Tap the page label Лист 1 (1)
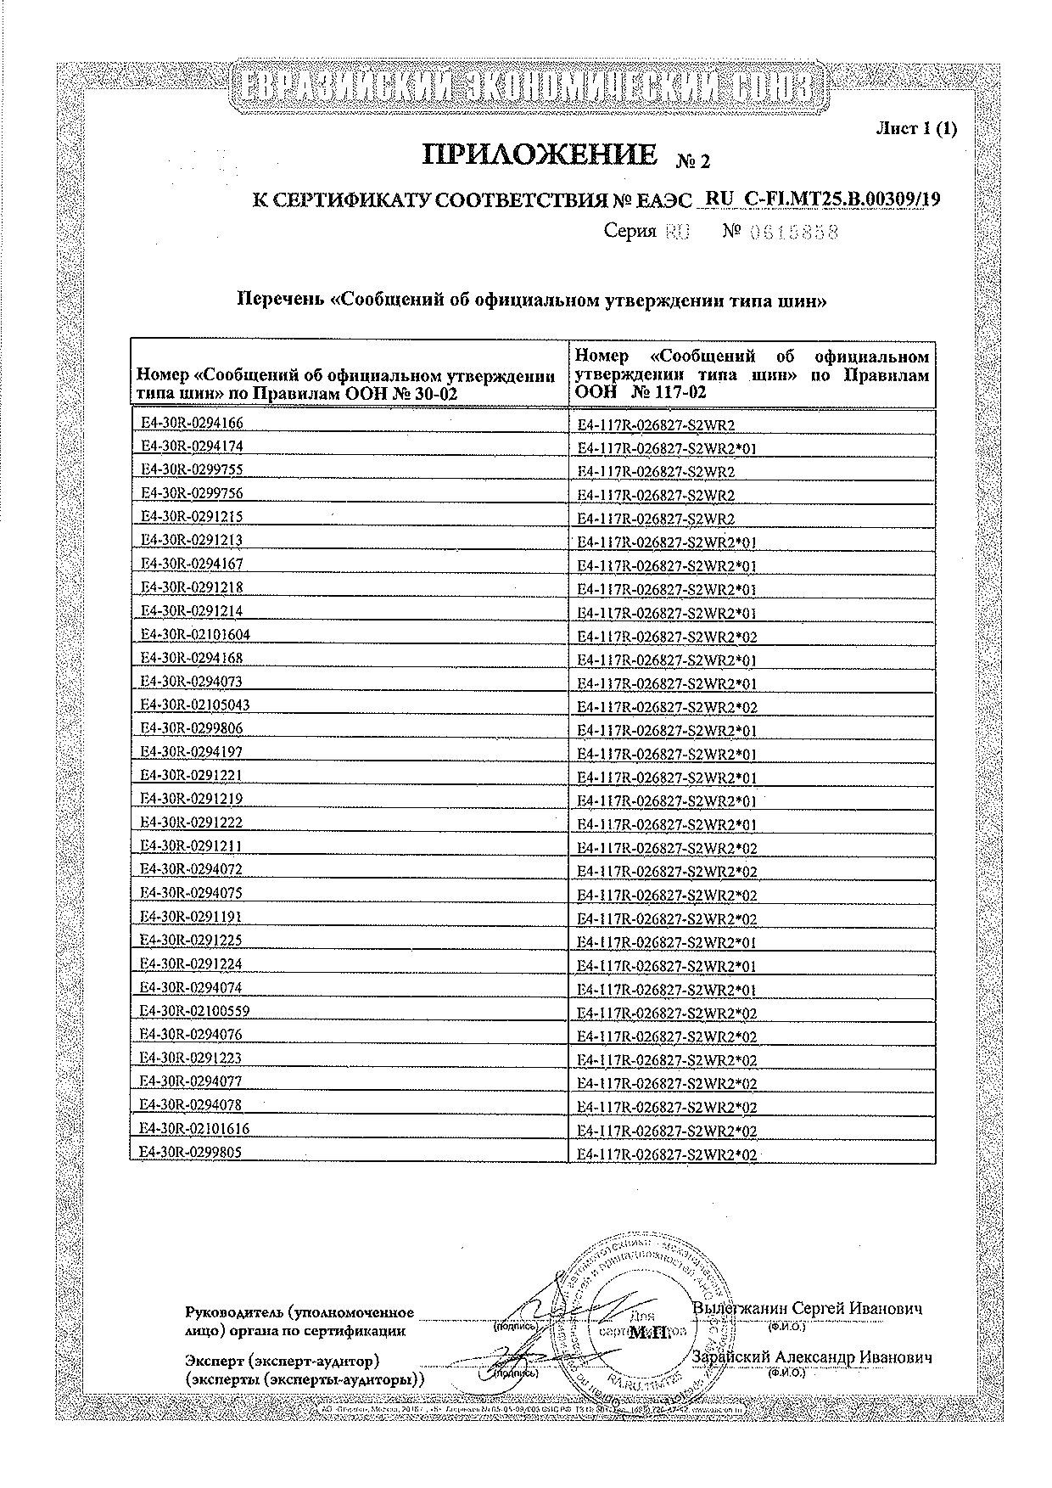[x=915, y=128]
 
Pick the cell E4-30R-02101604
[x=195, y=634]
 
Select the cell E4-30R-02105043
[x=195, y=705]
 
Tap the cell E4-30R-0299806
[x=191, y=728]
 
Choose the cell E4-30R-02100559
[x=195, y=1011]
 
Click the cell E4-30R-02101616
[x=195, y=1128]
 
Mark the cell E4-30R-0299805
[x=191, y=1152]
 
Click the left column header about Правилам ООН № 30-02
[x=346, y=385]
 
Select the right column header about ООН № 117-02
[x=752, y=374]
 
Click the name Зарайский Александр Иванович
[x=813, y=1358]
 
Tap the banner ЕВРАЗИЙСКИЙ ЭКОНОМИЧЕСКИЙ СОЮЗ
[x=526, y=90]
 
